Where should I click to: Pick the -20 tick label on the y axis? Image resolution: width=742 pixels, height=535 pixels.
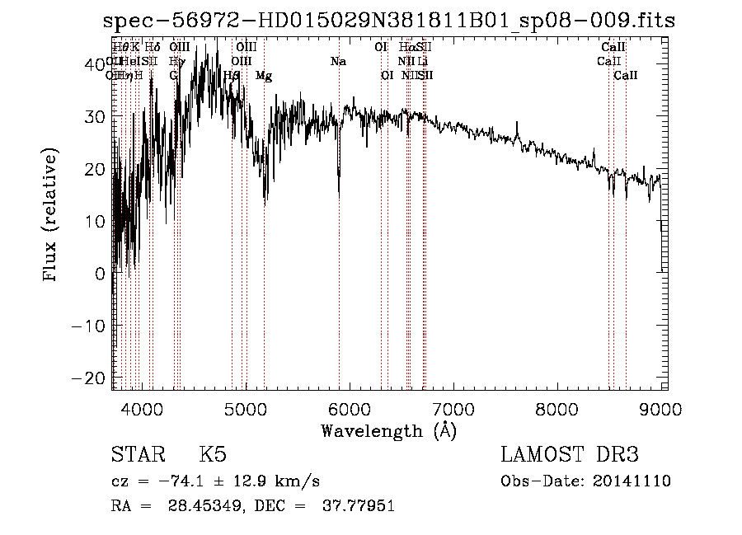tap(90, 378)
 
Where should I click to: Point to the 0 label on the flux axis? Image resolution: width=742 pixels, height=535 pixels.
tap(101, 273)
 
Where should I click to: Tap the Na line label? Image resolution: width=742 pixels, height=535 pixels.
tap(338, 62)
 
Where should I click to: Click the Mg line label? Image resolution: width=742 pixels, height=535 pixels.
tap(264, 76)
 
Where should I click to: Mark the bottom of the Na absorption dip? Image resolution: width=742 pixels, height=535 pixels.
tap(339, 196)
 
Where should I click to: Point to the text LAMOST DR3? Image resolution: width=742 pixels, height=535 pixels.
tap(570, 455)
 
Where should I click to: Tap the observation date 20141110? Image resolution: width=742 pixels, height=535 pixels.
tap(635, 481)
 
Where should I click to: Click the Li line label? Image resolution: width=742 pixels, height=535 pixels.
tap(422, 62)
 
